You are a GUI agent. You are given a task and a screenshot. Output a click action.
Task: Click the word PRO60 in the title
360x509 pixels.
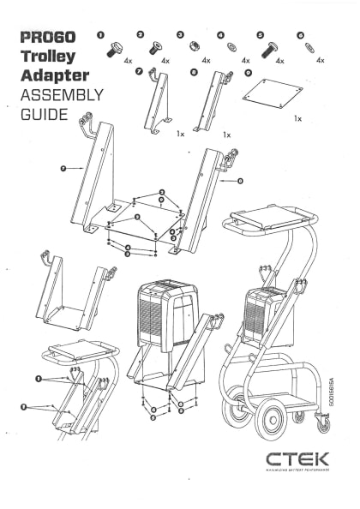coord(47,38)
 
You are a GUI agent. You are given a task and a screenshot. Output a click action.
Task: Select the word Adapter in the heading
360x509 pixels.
coord(54,75)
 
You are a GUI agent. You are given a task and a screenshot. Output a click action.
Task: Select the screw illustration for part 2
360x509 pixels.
coord(155,47)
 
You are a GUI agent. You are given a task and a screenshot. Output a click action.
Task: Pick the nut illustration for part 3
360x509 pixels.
coord(195,48)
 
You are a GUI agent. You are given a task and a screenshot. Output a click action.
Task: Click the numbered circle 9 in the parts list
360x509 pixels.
coord(248,74)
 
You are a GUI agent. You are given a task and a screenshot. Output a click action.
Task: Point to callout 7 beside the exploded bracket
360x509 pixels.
coord(64,171)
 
